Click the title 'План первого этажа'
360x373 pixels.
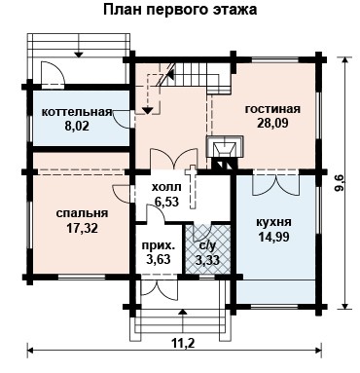(x=180, y=10)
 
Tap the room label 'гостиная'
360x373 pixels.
(x=272, y=109)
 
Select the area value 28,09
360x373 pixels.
(x=272, y=123)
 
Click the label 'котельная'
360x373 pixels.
(x=77, y=112)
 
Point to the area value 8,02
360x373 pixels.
(x=77, y=126)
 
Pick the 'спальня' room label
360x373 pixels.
(x=82, y=213)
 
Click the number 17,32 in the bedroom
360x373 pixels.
(x=82, y=229)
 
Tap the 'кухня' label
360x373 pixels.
(x=274, y=223)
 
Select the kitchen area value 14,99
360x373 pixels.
(x=274, y=237)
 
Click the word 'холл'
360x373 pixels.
(x=166, y=187)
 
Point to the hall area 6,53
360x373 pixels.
(x=166, y=202)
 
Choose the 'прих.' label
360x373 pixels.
(x=159, y=245)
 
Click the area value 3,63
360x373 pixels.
(x=159, y=260)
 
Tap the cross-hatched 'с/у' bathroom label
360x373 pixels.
(x=207, y=246)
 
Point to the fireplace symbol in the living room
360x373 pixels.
(x=225, y=152)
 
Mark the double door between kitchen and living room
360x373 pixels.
(x=275, y=183)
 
